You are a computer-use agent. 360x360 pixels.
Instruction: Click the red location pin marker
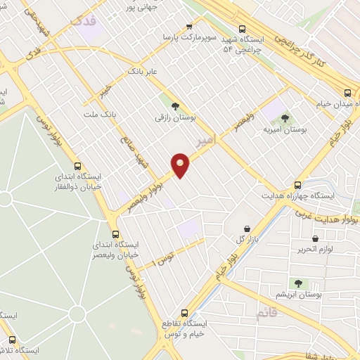click(x=181, y=165)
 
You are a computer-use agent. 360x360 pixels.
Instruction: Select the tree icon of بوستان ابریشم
click(x=299, y=283)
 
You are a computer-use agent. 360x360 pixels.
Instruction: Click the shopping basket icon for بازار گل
click(x=247, y=228)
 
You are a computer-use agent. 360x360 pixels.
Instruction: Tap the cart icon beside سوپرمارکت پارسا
click(x=188, y=27)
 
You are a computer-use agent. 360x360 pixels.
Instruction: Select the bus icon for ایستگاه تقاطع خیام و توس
click(x=185, y=312)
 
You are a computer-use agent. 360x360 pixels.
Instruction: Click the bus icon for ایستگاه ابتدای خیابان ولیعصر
click(x=116, y=235)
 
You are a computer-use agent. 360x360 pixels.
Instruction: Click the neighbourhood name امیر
click(x=205, y=141)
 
